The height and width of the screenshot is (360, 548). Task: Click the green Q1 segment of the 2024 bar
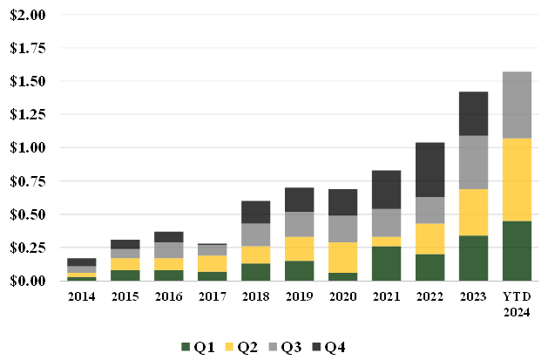coord(518,251)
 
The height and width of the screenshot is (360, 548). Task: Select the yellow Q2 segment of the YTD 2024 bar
coord(518,180)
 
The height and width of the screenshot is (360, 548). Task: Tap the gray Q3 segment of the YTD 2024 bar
coord(518,105)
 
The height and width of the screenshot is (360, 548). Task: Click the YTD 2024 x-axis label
coord(518,303)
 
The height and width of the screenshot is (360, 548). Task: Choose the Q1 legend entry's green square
coord(185,348)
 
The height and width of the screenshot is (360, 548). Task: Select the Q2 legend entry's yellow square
coord(230,348)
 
